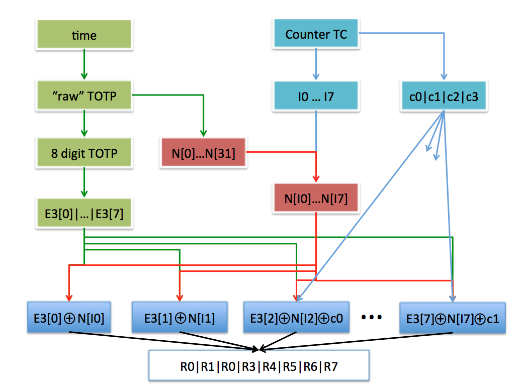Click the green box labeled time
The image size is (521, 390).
coord(84,35)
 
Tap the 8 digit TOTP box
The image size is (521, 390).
coord(84,153)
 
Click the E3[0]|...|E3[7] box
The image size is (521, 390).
coord(84,213)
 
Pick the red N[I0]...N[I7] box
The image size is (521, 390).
coord(316,198)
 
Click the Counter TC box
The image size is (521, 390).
coord(316,35)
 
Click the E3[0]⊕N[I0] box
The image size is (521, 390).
coord(69,318)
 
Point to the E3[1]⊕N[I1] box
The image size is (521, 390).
coord(180,318)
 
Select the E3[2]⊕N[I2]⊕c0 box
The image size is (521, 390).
coord(296,318)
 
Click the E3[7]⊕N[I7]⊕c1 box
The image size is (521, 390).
coord(452,318)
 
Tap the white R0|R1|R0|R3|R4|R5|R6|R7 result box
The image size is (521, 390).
coord(259,366)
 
